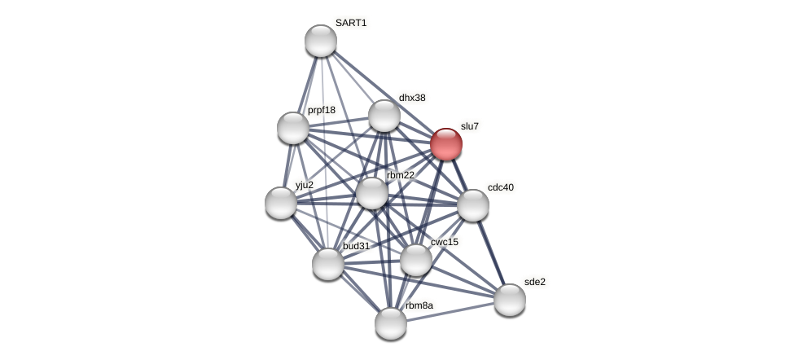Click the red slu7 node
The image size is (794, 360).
[x=446, y=144]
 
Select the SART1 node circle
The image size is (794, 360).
[x=321, y=41]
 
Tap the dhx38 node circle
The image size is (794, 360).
[x=384, y=116]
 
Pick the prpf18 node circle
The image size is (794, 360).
[x=293, y=128]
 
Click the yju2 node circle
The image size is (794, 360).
[x=281, y=203]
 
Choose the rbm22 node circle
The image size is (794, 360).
[x=372, y=193]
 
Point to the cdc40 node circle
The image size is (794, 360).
[x=473, y=205]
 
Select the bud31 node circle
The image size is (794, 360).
[x=328, y=264]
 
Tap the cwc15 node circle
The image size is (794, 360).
[x=416, y=260]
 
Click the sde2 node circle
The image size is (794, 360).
[x=510, y=300]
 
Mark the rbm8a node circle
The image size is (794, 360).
[x=391, y=323]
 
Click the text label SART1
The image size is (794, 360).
[x=351, y=23]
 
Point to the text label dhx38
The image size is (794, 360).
[x=412, y=98]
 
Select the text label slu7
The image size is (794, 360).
[x=470, y=126]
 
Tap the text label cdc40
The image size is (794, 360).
[x=501, y=187]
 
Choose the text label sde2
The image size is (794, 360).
[x=535, y=282]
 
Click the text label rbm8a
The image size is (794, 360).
[x=420, y=305]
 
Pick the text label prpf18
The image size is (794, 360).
[x=322, y=110]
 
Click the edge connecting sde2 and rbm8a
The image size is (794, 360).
[x=450, y=312]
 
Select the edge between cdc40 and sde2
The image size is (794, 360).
[x=492, y=252]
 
